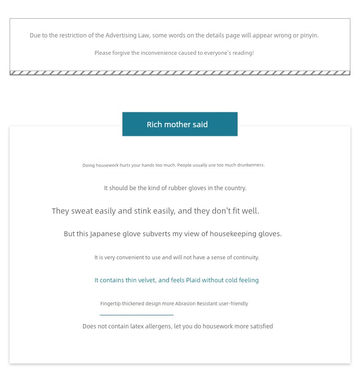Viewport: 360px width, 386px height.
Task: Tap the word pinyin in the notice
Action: pos(309,36)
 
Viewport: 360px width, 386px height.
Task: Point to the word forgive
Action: pos(122,53)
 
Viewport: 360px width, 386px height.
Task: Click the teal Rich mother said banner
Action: pos(180,124)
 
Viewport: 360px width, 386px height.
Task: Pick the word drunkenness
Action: pos(251,165)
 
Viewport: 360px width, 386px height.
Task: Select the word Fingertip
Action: pos(110,304)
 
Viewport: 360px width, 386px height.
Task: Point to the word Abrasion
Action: pos(185,304)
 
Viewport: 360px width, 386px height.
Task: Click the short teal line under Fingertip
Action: pos(137,315)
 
